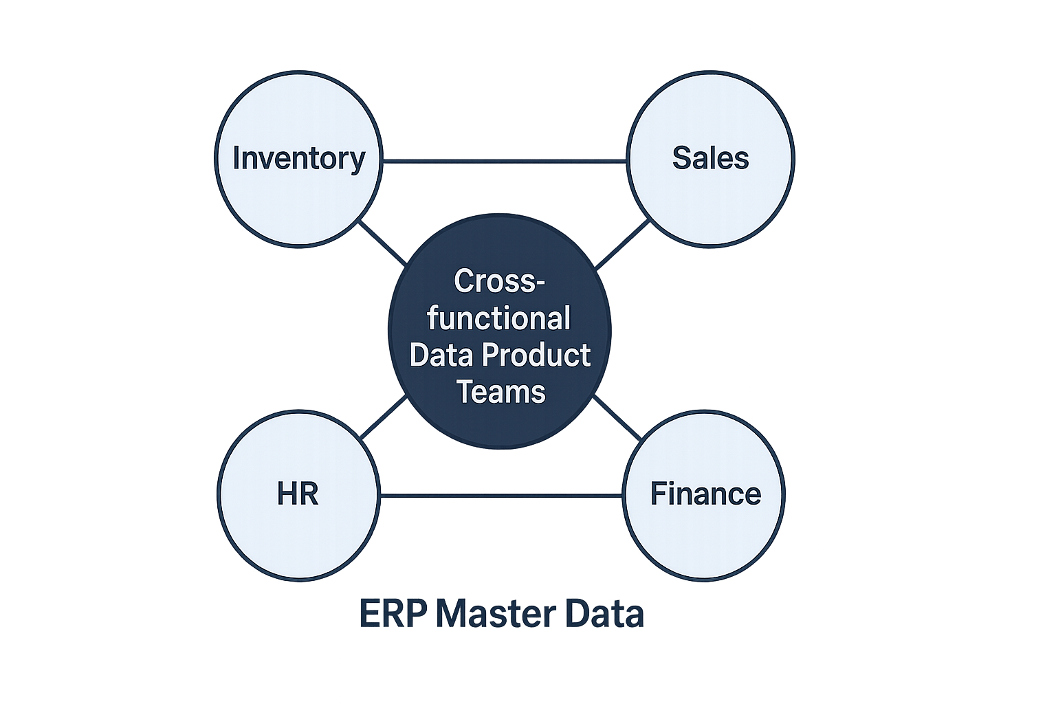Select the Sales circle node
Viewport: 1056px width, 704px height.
710,199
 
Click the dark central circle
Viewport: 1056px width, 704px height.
499,426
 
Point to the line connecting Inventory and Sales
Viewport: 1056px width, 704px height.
504,162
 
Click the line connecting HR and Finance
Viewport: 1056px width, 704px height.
500,496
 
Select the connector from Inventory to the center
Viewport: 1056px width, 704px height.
382,242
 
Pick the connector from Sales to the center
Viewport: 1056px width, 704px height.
621,244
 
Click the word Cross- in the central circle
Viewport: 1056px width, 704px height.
499,281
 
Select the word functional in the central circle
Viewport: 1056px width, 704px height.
499,318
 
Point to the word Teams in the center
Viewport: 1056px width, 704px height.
500,392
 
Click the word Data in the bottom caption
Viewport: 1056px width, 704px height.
604,614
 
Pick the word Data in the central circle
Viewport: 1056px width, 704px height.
441,355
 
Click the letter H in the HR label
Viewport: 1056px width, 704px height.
287,494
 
